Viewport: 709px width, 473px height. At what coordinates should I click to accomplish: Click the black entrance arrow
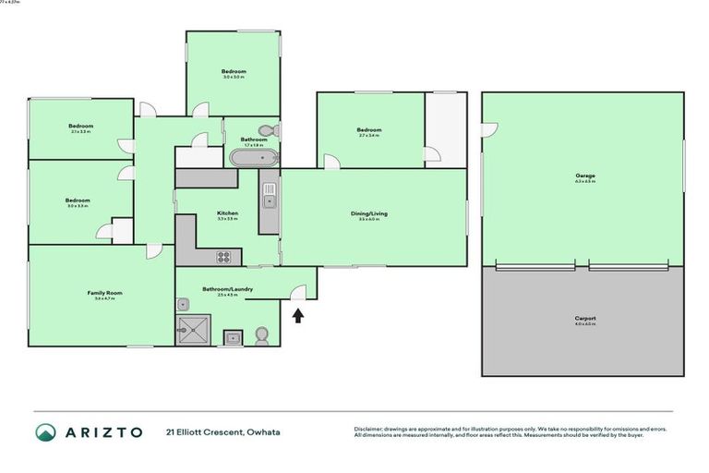[x=297, y=317]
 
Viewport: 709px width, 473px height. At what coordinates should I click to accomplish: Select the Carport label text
[x=584, y=320]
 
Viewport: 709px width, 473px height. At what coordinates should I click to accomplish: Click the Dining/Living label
[x=368, y=213]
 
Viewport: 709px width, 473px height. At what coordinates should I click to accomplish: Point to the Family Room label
[x=104, y=294]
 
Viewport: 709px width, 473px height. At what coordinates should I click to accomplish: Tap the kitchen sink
[x=269, y=194]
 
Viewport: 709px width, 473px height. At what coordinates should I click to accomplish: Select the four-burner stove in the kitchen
[x=225, y=257]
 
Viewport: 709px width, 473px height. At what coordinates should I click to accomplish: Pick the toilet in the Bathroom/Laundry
[x=262, y=334]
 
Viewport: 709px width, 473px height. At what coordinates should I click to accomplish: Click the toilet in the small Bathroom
[x=268, y=130]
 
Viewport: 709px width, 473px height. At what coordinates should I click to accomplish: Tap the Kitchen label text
[x=227, y=213]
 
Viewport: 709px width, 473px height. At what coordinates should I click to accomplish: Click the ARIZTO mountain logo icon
[x=45, y=432]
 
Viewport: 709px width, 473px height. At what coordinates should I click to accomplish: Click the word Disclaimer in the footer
[x=369, y=429]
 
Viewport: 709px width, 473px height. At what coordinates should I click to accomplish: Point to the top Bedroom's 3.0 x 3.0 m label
[x=233, y=78]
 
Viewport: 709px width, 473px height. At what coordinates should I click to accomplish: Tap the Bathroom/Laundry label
[x=234, y=289]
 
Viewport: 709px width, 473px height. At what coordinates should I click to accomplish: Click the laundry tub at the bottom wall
[x=232, y=337]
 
